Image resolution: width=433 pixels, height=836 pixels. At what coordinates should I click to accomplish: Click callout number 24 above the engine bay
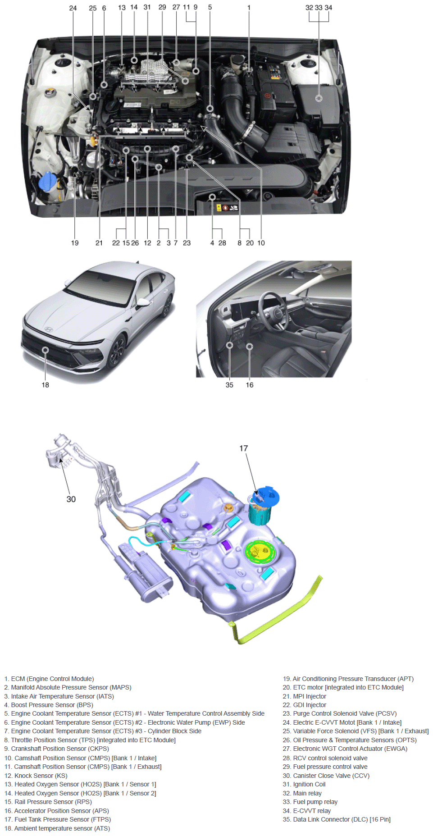point(73,8)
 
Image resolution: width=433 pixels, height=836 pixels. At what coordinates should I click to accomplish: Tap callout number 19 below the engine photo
point(75,243)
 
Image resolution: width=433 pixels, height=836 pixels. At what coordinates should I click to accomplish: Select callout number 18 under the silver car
point(45,385)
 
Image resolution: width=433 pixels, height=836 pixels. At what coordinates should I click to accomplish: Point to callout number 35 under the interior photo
point(229,385)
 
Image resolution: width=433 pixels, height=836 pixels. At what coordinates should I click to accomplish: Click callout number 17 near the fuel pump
point(243,448)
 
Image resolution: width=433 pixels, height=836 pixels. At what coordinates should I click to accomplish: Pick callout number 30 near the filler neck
point(71,499)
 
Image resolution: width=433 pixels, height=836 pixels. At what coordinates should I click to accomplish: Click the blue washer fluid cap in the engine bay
point(47,181)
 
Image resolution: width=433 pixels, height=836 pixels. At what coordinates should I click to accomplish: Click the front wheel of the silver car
point(117,350)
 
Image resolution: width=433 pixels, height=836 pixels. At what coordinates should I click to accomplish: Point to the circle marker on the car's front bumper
point(45,350)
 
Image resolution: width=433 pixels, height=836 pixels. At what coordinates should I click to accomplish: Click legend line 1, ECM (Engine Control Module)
point(49,679)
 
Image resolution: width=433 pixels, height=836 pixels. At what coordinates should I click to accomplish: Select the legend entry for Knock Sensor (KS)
point(36,776)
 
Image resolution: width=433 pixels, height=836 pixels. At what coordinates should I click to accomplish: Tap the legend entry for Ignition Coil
point(304,784)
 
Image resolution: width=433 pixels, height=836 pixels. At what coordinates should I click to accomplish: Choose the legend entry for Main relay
point(302,793)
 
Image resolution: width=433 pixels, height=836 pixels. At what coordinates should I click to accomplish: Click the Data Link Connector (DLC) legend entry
point(337,819)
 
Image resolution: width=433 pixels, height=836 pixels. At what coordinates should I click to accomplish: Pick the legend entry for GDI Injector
point(305,705)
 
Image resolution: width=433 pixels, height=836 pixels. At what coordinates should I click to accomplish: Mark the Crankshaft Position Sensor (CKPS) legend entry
point(57,749)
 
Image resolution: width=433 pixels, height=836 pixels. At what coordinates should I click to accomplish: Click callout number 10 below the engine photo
point(261,243)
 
